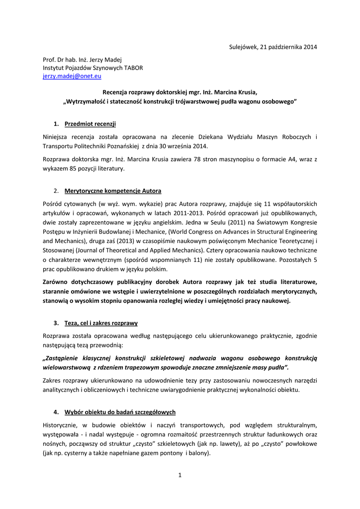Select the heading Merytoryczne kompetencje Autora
click(x=113, y=191)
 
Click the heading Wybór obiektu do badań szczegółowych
click(x=120, y=413)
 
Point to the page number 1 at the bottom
click(x=180, y=475)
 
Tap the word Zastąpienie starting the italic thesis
click(x=67, y=358)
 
